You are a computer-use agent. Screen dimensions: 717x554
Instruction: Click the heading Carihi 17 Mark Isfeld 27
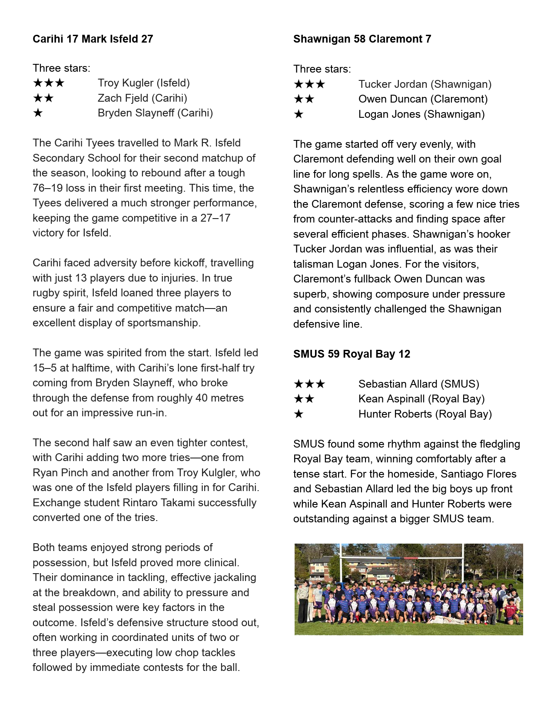pos(93,39)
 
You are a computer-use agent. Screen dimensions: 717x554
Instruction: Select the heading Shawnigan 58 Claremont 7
pos(362,39)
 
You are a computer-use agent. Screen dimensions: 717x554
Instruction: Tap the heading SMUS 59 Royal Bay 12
pos(352,354)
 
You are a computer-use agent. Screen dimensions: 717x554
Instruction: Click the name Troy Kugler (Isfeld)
pos(143,83)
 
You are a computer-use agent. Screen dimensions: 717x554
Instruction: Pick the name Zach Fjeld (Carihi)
pos(142,98)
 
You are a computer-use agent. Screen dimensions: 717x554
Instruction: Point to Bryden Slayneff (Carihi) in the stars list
pos(155,113)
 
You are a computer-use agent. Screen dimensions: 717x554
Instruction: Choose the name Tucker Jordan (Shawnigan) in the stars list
pos(425,84)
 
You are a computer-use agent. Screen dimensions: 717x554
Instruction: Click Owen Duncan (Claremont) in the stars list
pos(423,99)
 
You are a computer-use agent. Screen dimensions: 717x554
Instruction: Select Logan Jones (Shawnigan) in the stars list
pos(421,114)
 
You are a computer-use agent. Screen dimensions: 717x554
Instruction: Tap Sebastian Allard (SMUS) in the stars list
pos(418,384)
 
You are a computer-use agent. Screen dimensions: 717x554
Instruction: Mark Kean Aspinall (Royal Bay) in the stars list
pos(421,399)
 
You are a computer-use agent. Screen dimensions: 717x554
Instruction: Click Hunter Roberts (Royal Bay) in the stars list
pos(425,414)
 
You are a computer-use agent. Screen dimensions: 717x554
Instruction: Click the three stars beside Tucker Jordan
pos(309,84)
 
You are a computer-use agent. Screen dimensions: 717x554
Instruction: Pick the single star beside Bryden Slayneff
pos(38,113)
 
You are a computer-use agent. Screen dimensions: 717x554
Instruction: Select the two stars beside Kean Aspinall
pos(304,399)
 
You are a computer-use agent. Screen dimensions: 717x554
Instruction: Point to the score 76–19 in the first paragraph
pos(50,188)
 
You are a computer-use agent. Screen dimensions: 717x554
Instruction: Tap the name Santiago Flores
pos(478,474)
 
